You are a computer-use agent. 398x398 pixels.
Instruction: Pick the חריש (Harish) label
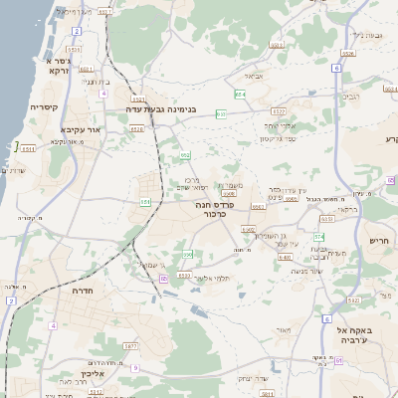[x=382, y=240]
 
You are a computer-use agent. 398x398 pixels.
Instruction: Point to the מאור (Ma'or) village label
[x=284, y=329]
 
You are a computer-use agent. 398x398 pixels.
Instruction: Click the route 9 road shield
[x=135, y=367]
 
